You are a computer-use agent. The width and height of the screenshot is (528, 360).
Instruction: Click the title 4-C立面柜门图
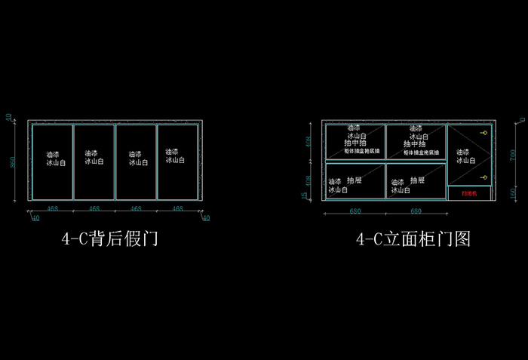413,239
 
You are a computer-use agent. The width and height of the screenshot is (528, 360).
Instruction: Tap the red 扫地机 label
468,193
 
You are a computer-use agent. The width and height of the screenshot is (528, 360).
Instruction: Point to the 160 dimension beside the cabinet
512,192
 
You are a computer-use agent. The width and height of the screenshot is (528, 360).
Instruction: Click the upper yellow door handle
484,134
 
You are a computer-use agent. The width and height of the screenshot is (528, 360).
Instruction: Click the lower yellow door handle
484,178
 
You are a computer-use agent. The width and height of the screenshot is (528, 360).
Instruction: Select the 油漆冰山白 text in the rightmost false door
175,155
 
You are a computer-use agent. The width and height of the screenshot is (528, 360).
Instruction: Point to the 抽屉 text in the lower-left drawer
355,181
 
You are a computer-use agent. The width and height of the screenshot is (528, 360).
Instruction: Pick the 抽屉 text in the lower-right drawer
415,181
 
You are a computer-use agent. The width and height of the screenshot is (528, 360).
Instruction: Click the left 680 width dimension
355,212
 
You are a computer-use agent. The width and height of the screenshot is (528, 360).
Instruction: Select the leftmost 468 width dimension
53,208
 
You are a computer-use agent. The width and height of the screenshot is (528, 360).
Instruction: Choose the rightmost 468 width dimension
178,208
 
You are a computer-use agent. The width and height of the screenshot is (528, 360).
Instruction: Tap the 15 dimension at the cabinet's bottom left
305,196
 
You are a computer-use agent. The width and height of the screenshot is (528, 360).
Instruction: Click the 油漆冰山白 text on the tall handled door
466,156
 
